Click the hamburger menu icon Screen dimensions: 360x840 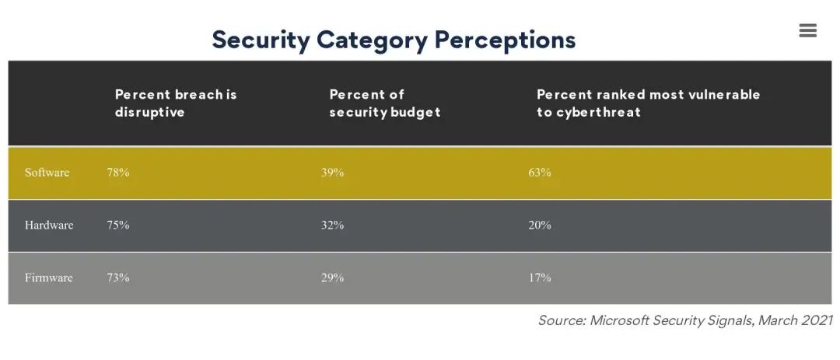pos(807,30)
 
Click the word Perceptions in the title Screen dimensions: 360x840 pos(505,40)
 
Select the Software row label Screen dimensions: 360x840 pos(47,173)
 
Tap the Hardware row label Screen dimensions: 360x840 pos(49,225)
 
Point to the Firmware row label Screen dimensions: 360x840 pos(49,278)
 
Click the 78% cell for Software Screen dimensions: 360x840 pos(118,173)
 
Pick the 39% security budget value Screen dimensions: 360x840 pos(332,173)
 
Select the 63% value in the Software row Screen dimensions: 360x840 pos(539,173)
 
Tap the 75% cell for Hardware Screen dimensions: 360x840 pos(118,225)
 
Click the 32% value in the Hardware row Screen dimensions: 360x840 pos(332,225)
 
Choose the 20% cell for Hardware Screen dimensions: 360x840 pos(539,225)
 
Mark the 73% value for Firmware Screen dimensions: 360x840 pos(118,278)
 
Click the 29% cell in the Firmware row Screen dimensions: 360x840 pos(332,278)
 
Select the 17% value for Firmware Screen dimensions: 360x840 pos(539,278)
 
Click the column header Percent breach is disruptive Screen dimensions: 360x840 pos(176,103)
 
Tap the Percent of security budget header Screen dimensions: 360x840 pos(384,103)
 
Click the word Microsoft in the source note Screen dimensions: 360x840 pos(619,320)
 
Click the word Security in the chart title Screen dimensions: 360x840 pos(261,40)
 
